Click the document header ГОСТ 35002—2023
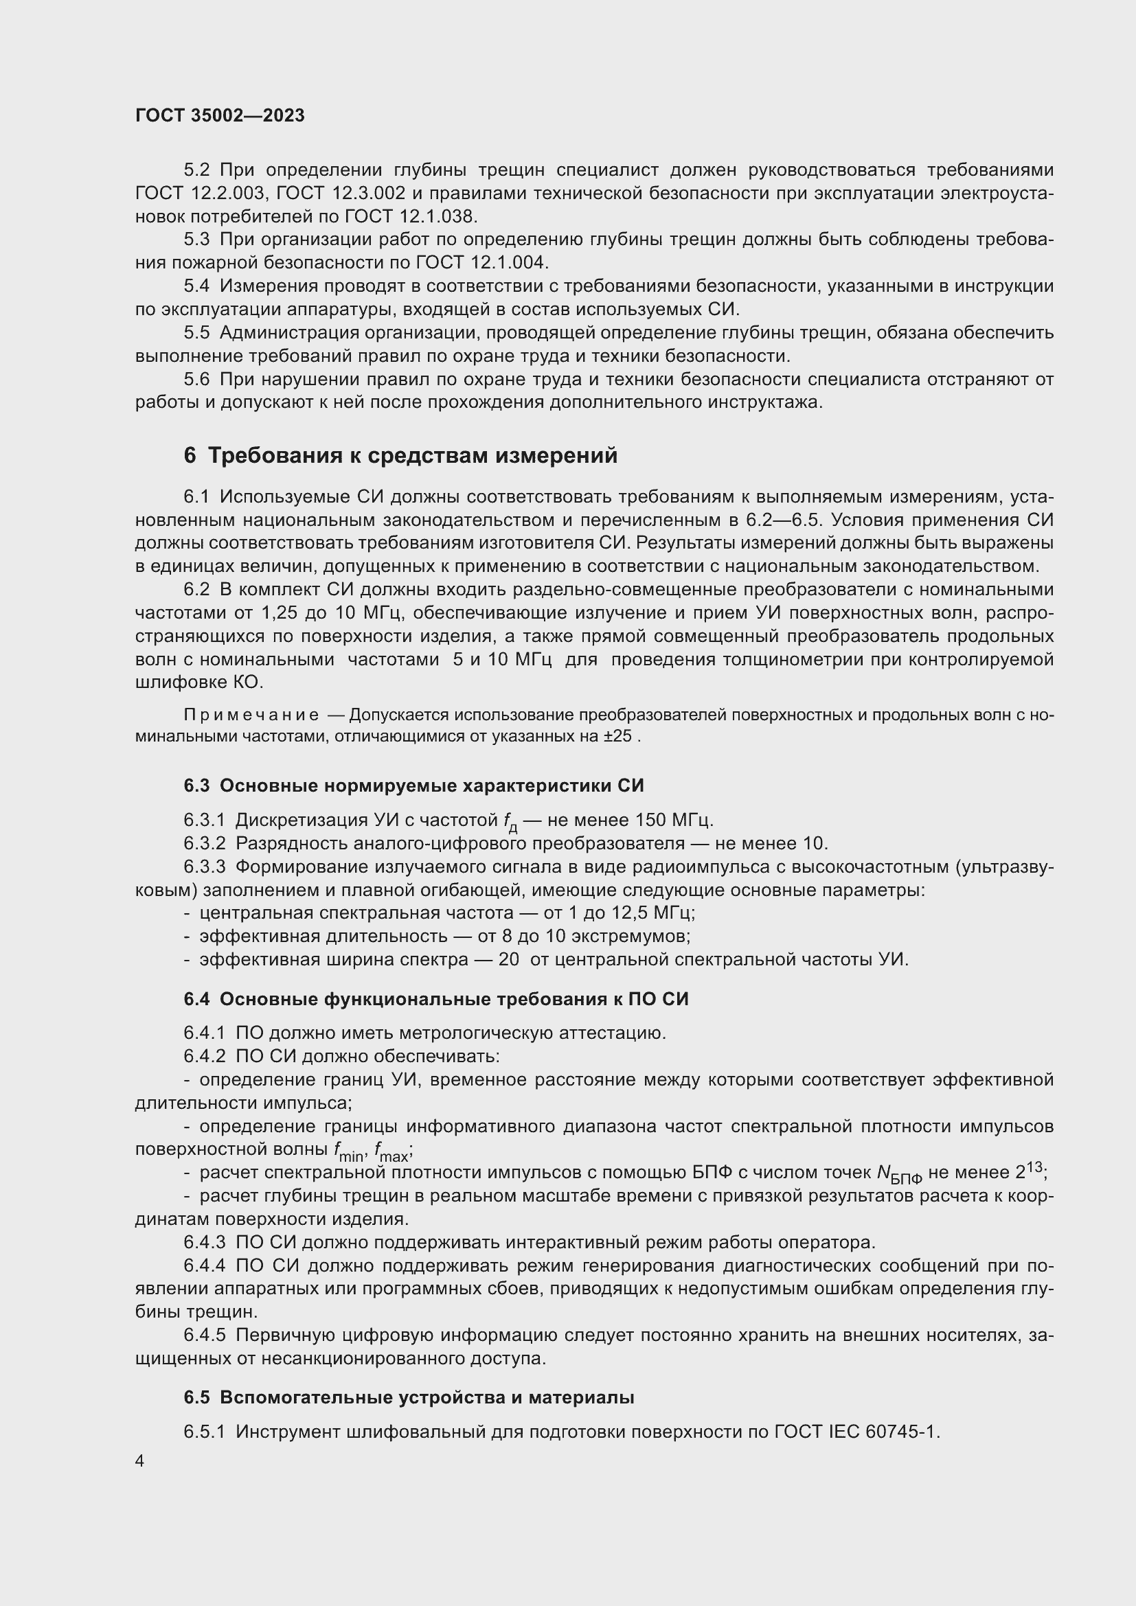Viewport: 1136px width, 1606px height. pos(220,115)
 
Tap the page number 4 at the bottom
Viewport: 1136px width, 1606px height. pos(140,1461)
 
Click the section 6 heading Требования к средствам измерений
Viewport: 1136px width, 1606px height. pos(401,455)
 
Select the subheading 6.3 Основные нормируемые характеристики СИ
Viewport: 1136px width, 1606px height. pos(413,785)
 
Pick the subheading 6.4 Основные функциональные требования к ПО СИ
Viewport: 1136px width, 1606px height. pos(436,999)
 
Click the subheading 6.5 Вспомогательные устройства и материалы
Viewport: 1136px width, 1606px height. pos(409,1397)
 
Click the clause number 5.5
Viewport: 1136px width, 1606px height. pos(196,332)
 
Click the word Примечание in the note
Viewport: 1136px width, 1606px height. pos(251,715)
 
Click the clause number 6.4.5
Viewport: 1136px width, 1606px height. pos(204,1335)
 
